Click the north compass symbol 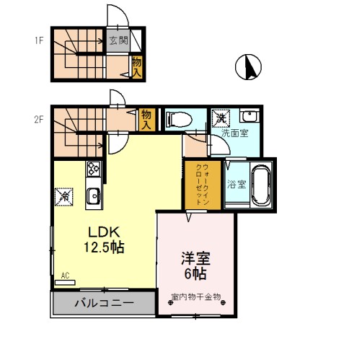(248, 67)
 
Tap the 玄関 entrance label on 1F (118, 40)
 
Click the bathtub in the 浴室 (261, 185)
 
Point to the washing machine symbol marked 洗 (221, 118)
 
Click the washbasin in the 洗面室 (250, 115)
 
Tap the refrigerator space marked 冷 (64, 197)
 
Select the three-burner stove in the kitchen (94, 169)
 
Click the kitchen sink (94, 196)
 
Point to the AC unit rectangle (65, 283)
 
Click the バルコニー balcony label (104, 303)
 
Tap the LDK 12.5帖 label (104, 240)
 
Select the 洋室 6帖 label (195, 265)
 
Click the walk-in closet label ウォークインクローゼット (203, 184)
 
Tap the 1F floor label (39, 40)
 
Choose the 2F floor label (39, 119)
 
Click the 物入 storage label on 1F (137, 68)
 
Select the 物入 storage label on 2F (146, 120)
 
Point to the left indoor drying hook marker (171, 303)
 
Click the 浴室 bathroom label (237, 185)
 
